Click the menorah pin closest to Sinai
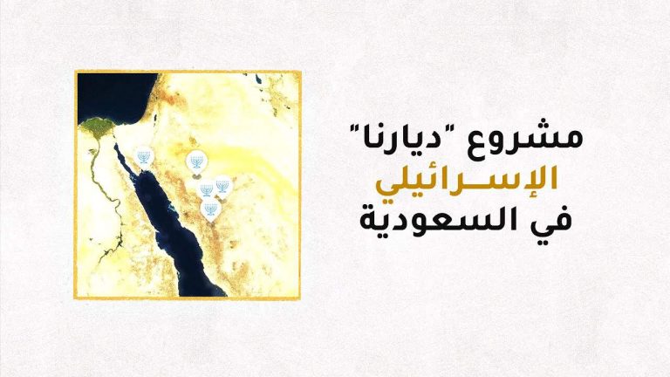coord(144,158)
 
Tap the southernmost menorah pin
coord(210,210)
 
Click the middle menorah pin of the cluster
coord(207,189)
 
